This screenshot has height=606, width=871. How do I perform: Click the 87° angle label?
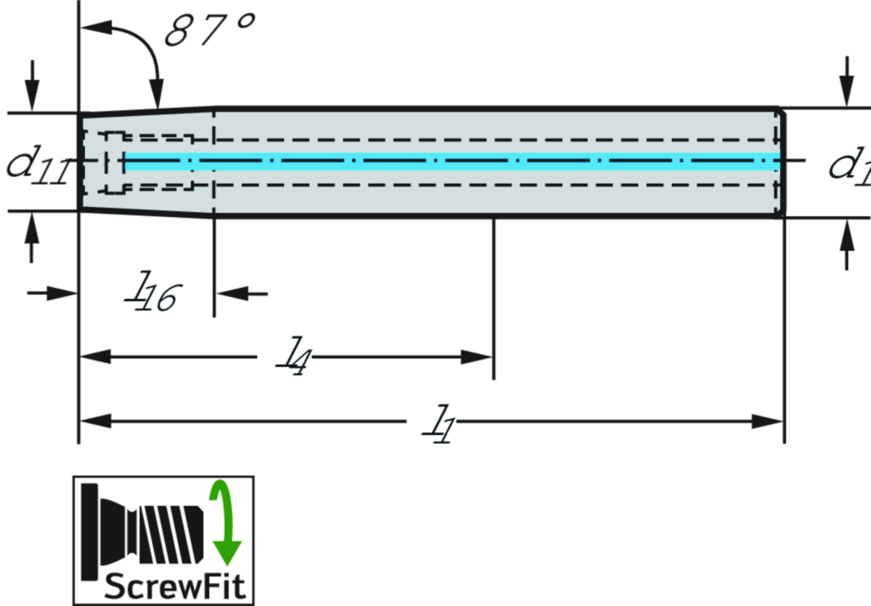(x=208, y=31)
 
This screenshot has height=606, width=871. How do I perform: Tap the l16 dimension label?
(x=143, y=288)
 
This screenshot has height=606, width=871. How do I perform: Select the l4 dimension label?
(x=285, y=352)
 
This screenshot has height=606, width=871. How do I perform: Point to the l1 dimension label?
(x=431, y=420)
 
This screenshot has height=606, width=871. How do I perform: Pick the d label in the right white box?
(x=838, y=163)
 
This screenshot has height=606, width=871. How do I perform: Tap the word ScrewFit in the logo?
(x=174, y=586)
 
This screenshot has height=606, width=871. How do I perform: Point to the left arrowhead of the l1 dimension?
(x=94, y=420)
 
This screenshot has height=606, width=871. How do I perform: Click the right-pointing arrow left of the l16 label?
(x=65, y=294)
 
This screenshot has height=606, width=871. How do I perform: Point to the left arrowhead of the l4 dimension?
(x=94, y=357)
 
